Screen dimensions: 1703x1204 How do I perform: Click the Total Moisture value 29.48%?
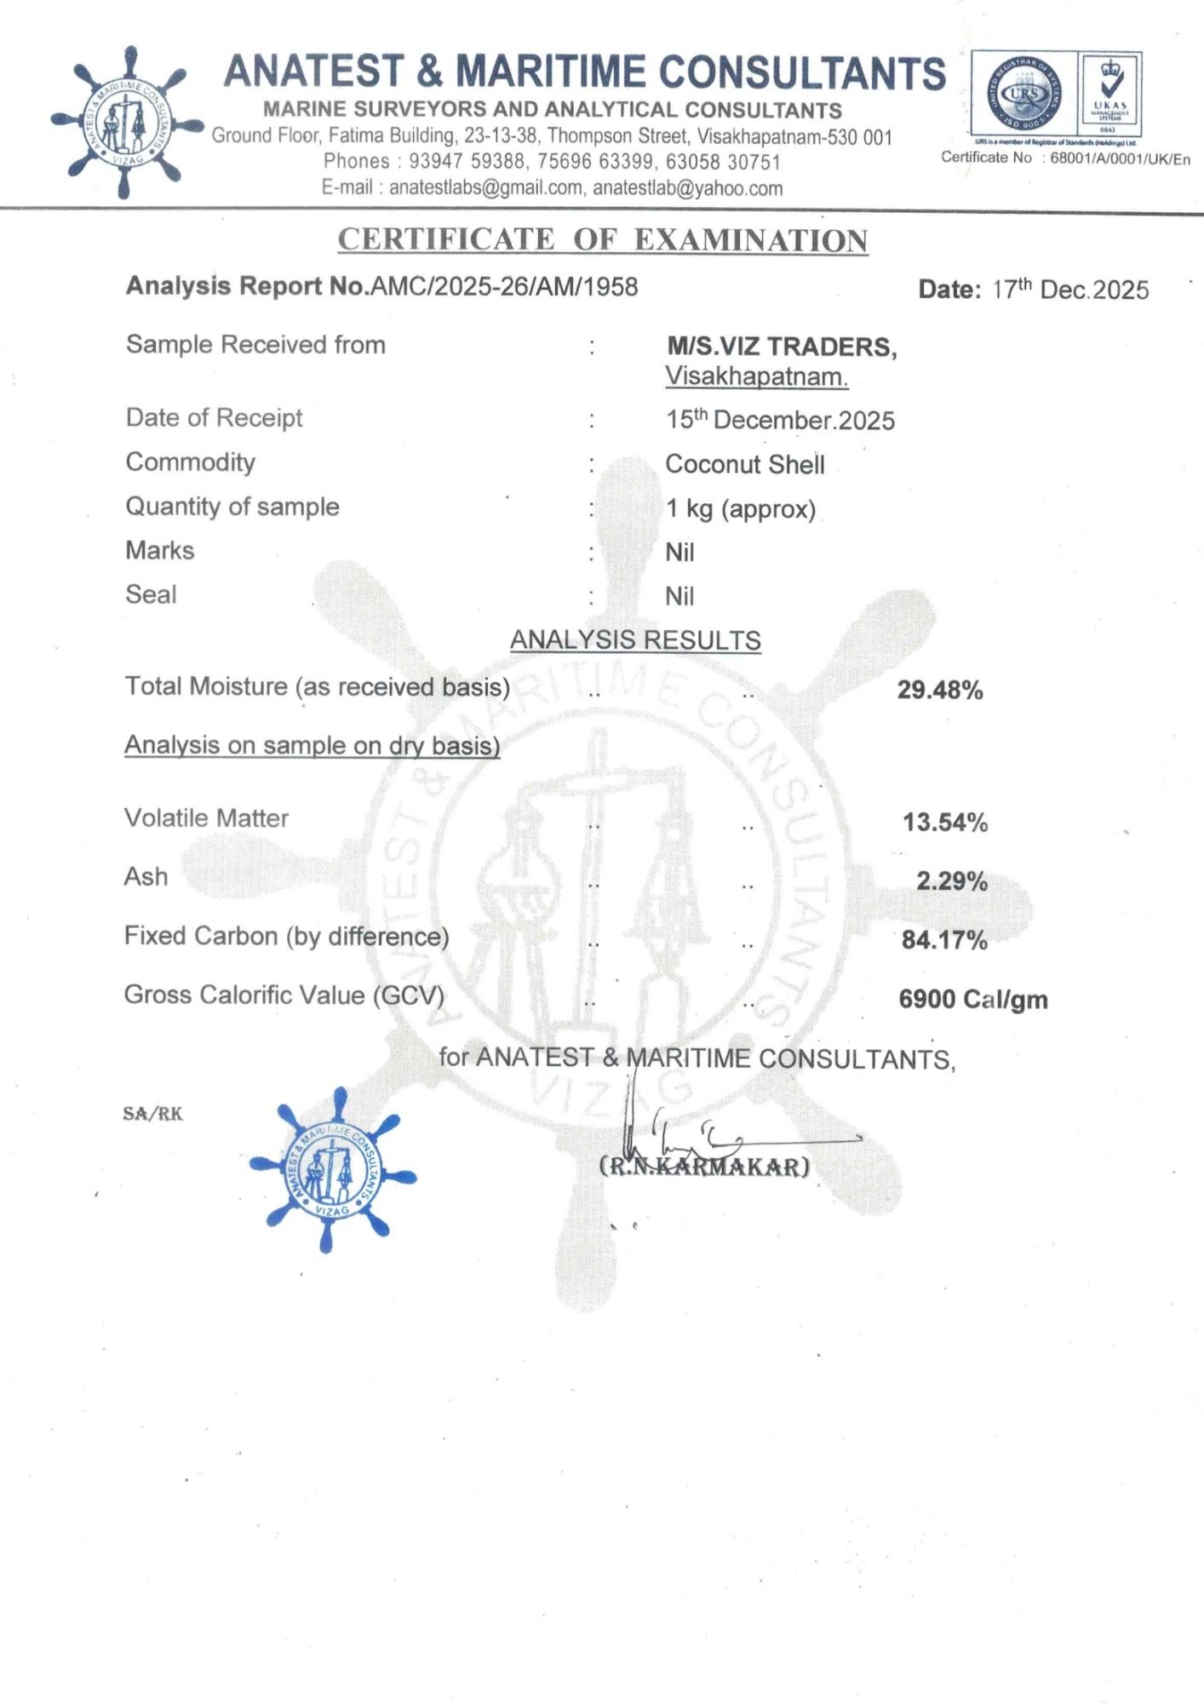coord(940,690)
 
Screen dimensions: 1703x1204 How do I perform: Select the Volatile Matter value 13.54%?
coord(945,823)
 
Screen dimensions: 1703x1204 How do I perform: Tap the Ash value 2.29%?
coord(952,881)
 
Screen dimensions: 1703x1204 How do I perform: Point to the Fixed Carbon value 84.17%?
coord(944,940)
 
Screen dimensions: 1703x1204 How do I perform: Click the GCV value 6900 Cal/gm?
coord(973,1000)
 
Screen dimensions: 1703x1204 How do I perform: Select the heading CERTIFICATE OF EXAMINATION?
coord(603,240)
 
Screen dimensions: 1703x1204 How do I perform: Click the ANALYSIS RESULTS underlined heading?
coord(635,640)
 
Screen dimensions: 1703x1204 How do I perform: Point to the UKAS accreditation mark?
coord(1110,94)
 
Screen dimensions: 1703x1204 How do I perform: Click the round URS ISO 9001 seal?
coord(1023,94)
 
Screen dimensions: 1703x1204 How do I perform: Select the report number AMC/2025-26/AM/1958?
coord(504,287)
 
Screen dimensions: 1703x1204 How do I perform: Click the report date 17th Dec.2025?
coord(1069,290)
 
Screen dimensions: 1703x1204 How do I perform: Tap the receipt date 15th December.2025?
coord(780,420)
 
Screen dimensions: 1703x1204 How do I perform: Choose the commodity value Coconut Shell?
coord(744,465)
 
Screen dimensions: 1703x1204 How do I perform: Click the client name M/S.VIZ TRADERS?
coord(781,347)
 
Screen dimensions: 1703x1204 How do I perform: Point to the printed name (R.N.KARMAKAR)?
coord(705,1167)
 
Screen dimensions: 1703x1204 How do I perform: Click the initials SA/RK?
coord(152,1114)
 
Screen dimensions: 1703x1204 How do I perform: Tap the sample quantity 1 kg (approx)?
coord(741,509)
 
